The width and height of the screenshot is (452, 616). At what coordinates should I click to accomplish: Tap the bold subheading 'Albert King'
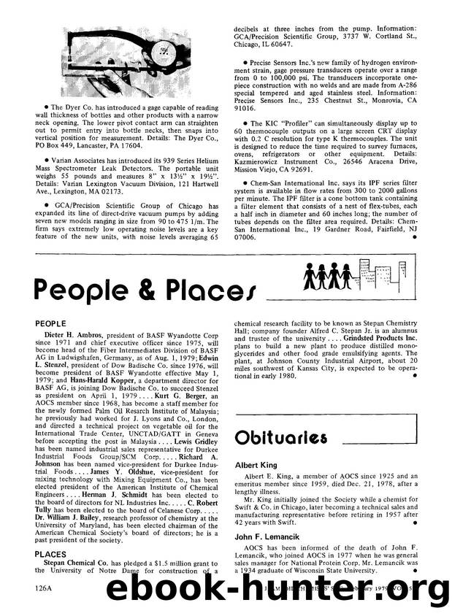256,464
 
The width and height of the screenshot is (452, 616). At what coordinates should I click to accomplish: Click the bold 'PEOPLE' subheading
49,320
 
